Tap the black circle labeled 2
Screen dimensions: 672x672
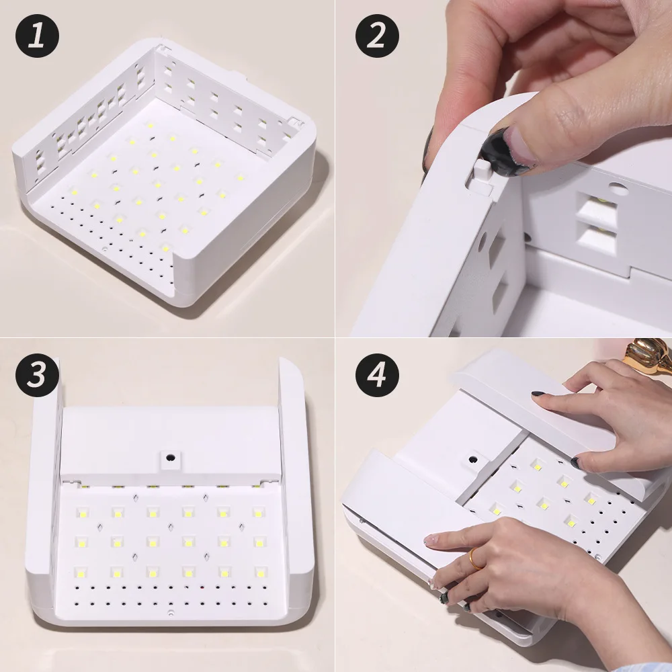pos(377,36)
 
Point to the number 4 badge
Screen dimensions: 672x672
pos(377,374)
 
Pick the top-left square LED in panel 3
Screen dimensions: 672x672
pos(83,513)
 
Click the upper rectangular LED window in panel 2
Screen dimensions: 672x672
pos(598,208)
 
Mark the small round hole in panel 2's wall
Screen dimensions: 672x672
pos(618,190)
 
